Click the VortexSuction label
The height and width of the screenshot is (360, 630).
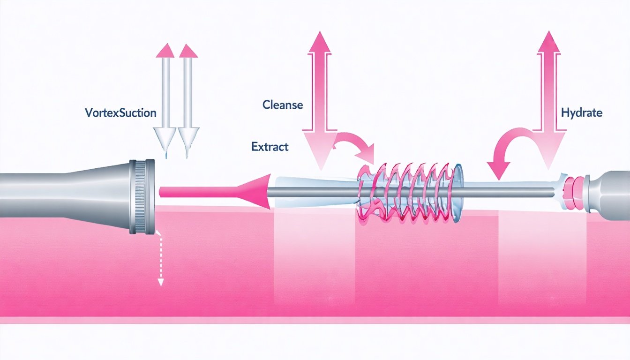[121, 113]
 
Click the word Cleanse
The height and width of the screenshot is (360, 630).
[283, 105]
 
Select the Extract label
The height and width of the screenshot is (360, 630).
[270, 147]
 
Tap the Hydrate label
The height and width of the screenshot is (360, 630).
[581, 113]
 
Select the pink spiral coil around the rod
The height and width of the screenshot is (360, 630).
[408, 192]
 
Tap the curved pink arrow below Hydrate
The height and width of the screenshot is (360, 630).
[506, 150]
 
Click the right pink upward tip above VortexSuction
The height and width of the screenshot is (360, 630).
[188, 50]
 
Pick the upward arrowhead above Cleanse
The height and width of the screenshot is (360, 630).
[320, 42]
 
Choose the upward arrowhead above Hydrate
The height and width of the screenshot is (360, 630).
[548, 42]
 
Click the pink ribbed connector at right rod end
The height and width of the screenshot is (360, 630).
[575, 192]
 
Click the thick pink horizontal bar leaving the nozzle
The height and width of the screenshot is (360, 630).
[202, 191]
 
